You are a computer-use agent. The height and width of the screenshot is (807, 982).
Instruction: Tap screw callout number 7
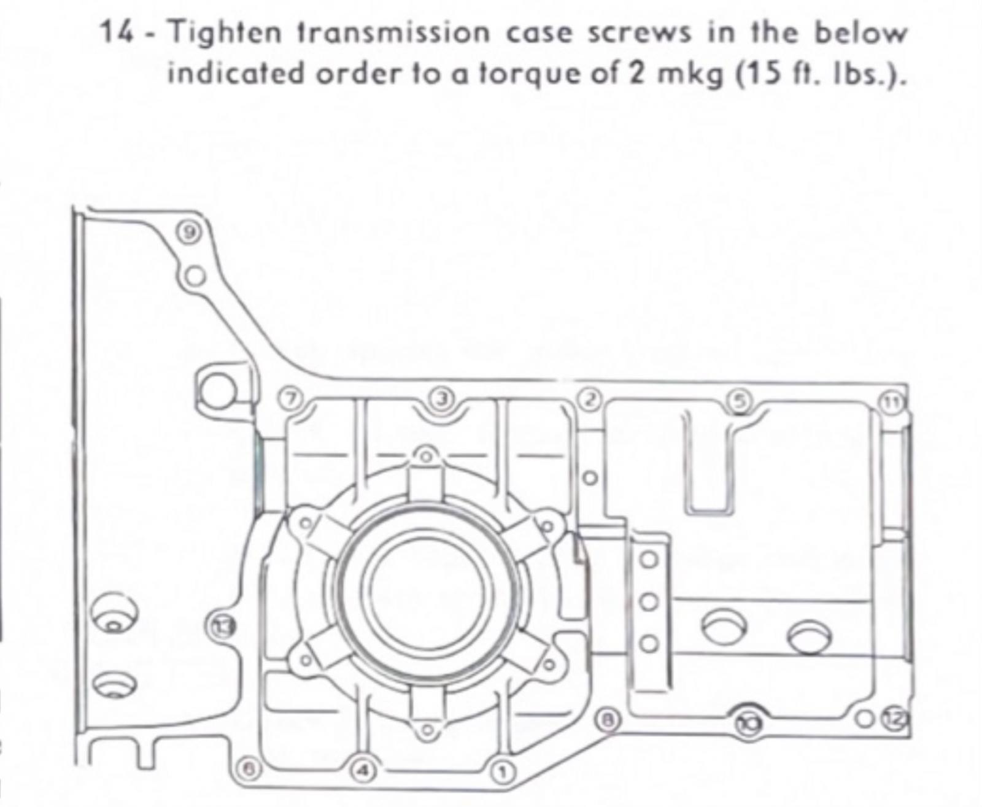292,398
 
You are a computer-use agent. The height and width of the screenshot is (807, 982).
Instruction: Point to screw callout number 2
590,400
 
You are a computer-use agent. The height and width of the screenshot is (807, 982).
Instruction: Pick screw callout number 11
891,402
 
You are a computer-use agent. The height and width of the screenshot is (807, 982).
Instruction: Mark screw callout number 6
249,768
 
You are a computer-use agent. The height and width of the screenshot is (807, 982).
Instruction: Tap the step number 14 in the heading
117,33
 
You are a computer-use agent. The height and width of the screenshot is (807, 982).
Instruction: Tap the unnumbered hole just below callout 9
193,275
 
